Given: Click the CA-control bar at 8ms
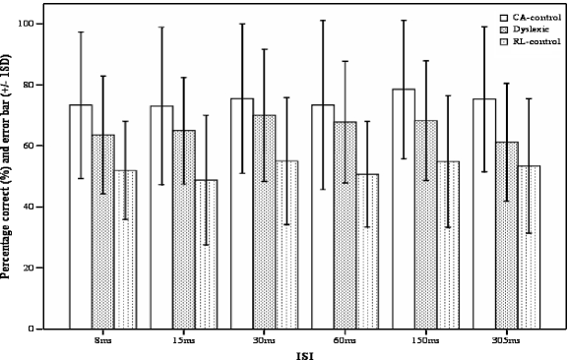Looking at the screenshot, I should click(81, 216).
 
